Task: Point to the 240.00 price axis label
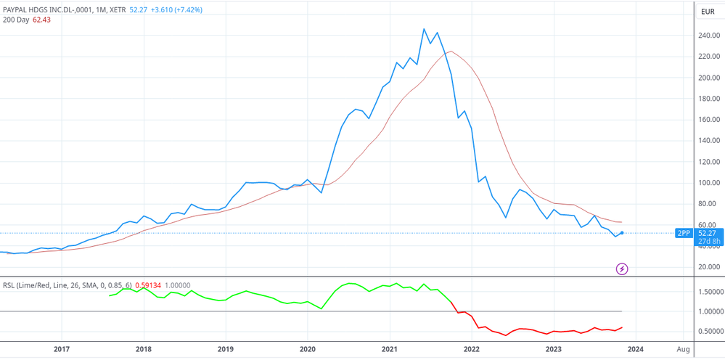[708, 36]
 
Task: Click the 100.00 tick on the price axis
[708, 183]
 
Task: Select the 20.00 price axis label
[708, 267]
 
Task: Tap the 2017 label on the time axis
[62, 349]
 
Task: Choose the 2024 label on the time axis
[635, 349]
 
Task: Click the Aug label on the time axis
[682, 349]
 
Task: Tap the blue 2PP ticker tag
[683, 233]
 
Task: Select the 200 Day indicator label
[16, 20]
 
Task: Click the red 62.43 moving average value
[41, 20]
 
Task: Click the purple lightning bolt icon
[622, 269]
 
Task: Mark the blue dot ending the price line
[622, 233]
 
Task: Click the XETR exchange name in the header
[118, 10]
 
